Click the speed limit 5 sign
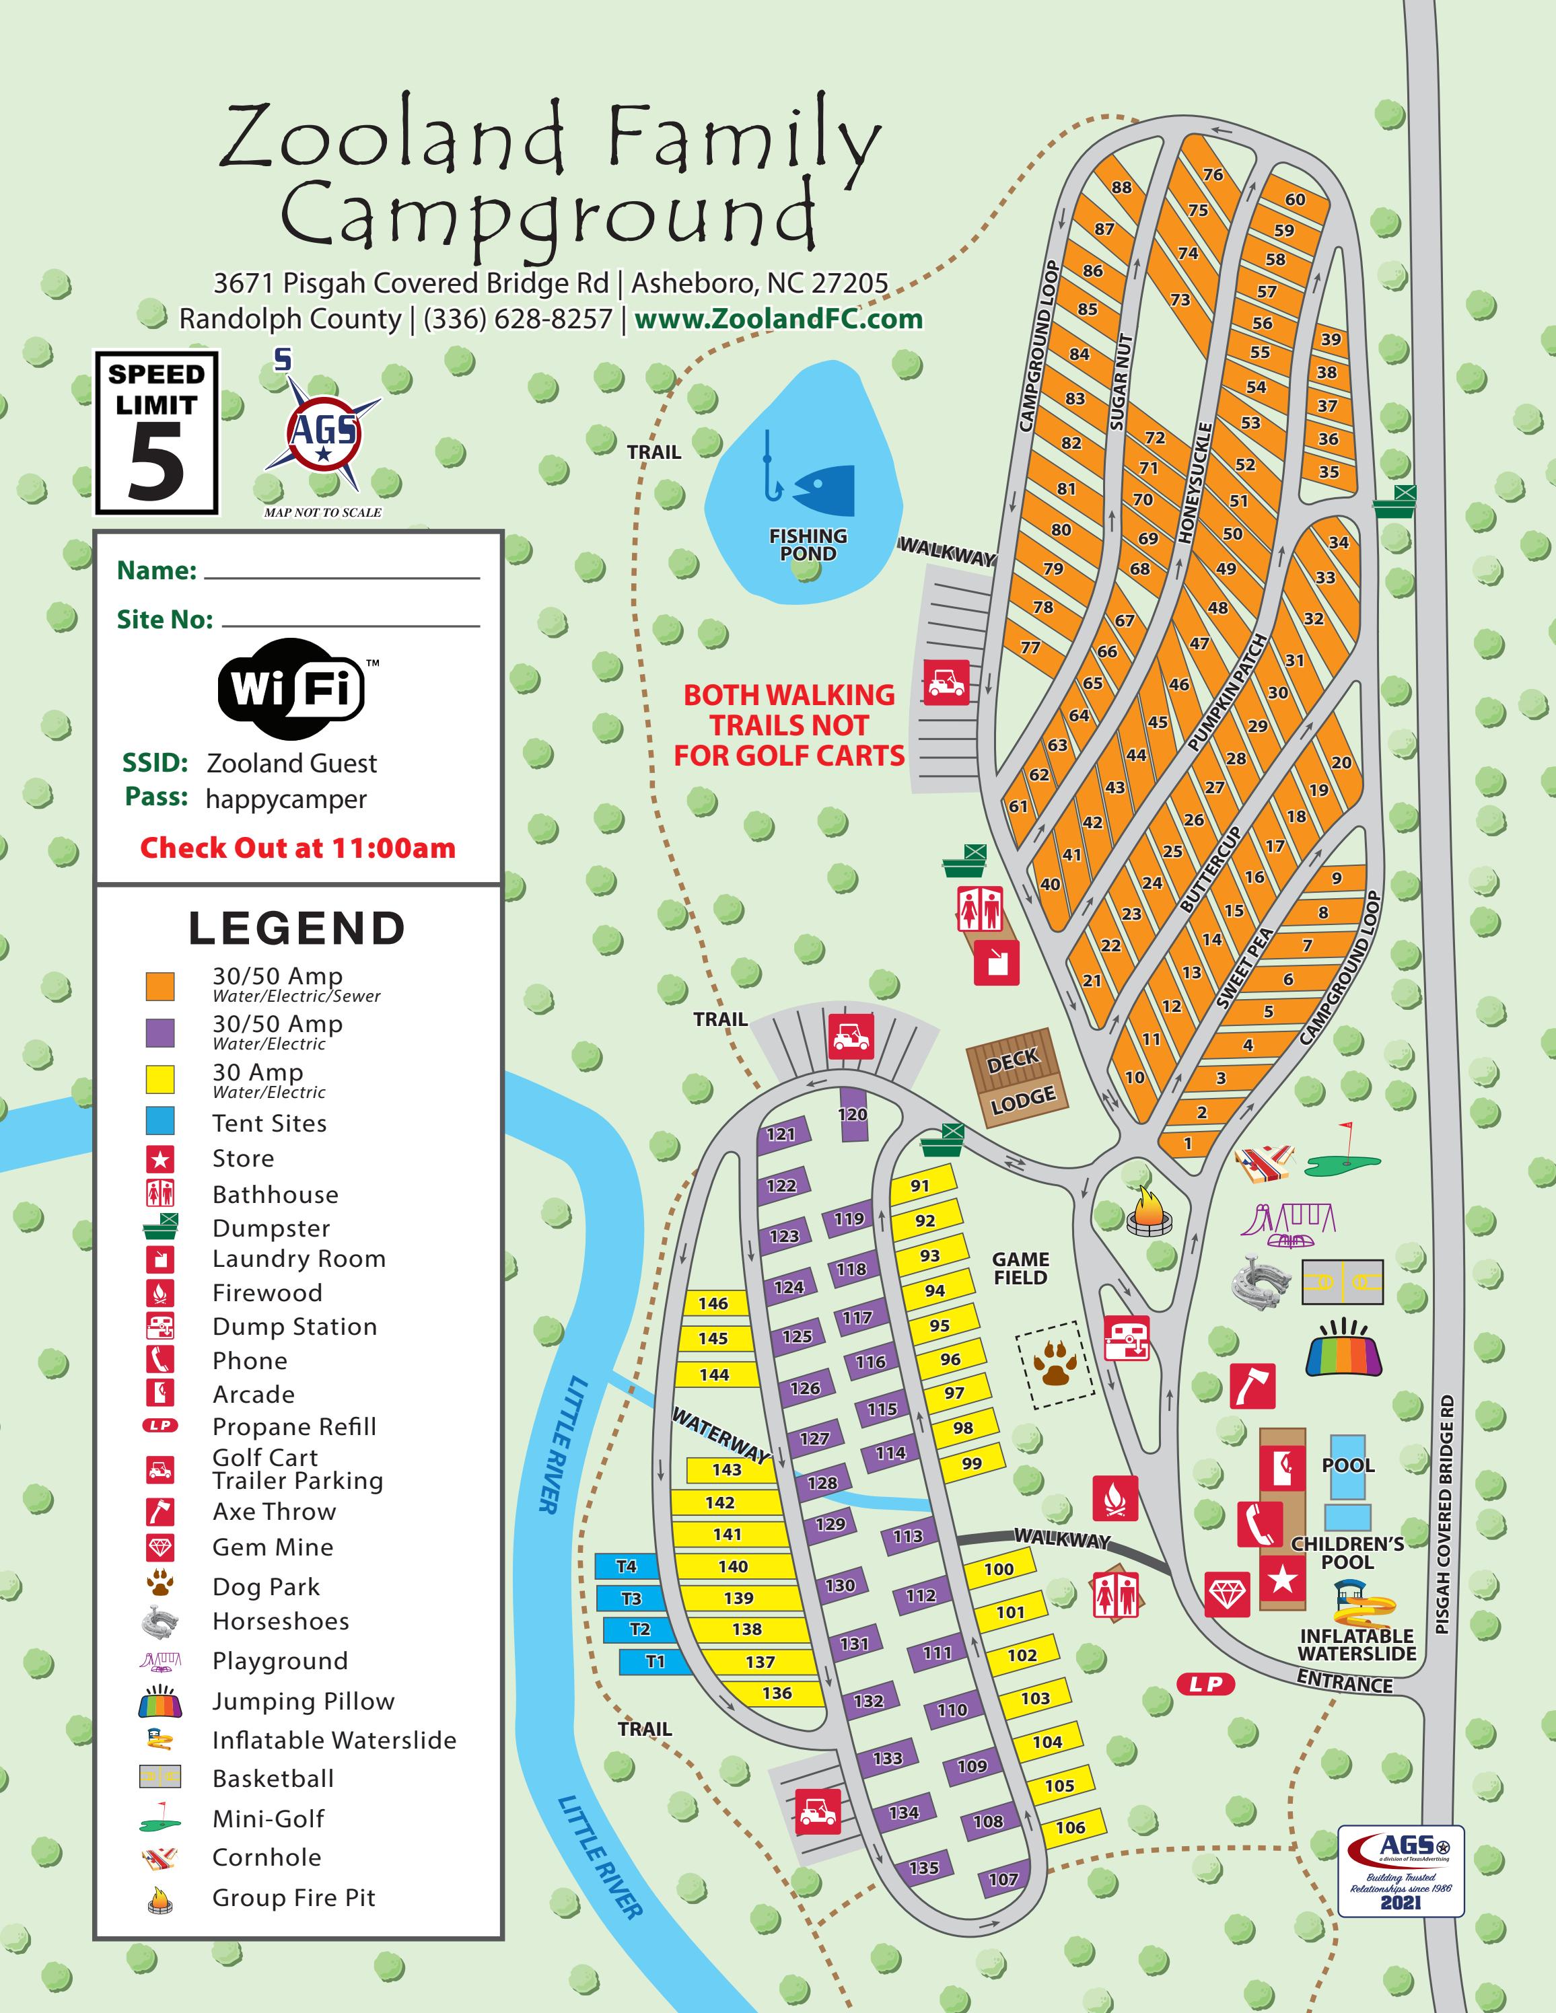pos(157,433)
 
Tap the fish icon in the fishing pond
pos(823,489)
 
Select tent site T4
pos(627,1566)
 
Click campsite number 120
pos(852,1114)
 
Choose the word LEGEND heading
pos(297,928)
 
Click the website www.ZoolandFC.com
pos(779,319)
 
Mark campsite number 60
pos(1295,199)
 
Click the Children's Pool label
pos(1347,1552)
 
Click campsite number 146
pos(713,1303)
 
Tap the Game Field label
pos(1020,1268)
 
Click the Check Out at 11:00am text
pos(297,848)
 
